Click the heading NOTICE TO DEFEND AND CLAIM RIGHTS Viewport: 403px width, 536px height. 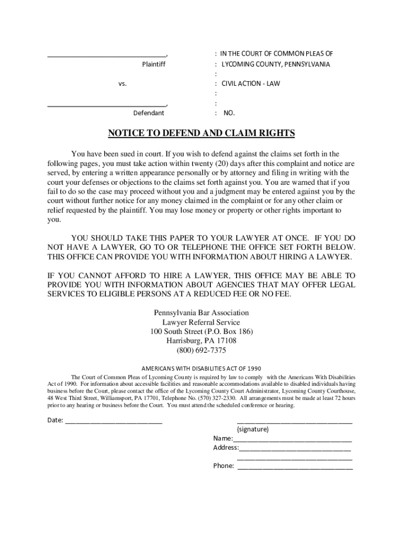tap(201, 133)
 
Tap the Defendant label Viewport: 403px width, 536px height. tap(149, 113)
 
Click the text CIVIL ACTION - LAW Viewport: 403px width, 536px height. tap(251, 84)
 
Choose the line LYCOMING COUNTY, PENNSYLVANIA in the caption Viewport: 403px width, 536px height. tap(276, 64)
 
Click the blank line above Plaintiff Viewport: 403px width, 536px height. tap(107, 55)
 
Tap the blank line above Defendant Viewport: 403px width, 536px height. tap(107, 105)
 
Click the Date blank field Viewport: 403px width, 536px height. tap(113, 420)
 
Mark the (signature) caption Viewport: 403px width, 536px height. tap(253, 429)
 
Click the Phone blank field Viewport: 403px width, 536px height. tap(295, 466)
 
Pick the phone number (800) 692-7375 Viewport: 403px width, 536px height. tap(201, 351)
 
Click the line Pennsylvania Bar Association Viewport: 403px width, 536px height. tap(201, 313)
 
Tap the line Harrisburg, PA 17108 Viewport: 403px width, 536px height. tap(201, 341)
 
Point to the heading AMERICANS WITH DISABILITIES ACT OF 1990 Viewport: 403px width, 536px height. tap(201, 368)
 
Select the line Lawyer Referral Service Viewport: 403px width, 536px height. tap(201, 322)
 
